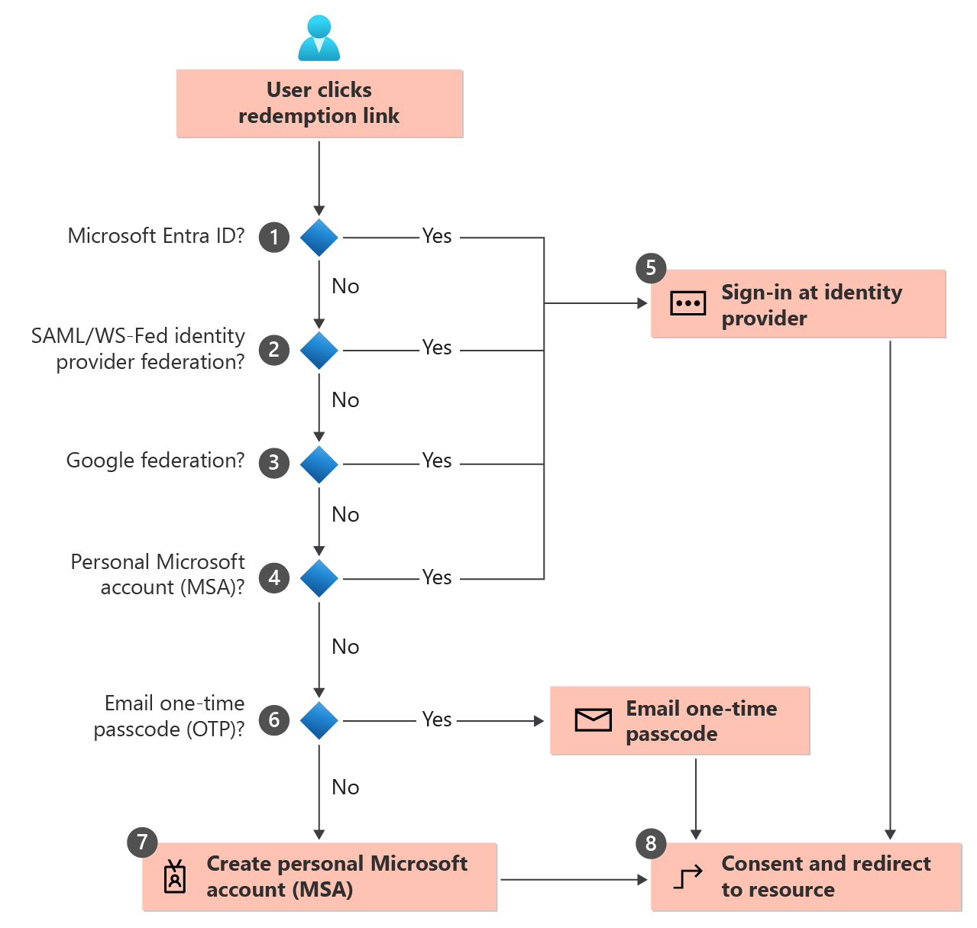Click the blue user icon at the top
coord(319,38)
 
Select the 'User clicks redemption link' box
coord(319,103)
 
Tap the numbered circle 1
coord(273,237)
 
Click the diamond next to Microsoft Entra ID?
coord(319,238)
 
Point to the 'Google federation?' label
coord(155,461)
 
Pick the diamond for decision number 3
coord(319,464)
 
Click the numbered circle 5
coord(651,268)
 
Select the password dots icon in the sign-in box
coord(687,303)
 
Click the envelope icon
coord(593,719)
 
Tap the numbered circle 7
coord(142,842)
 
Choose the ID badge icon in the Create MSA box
coord(175,877)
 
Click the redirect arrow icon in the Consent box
coord(687,878)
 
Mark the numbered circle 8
coord(651,843)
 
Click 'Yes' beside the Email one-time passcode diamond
coord(437,719)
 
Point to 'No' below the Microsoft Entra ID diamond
coord(345,286)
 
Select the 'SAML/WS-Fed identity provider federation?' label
coord(138,348)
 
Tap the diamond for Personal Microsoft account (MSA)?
coord(319,578)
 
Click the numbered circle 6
coord(273,719)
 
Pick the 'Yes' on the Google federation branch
coord(437,461)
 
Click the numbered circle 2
coord(273,350)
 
